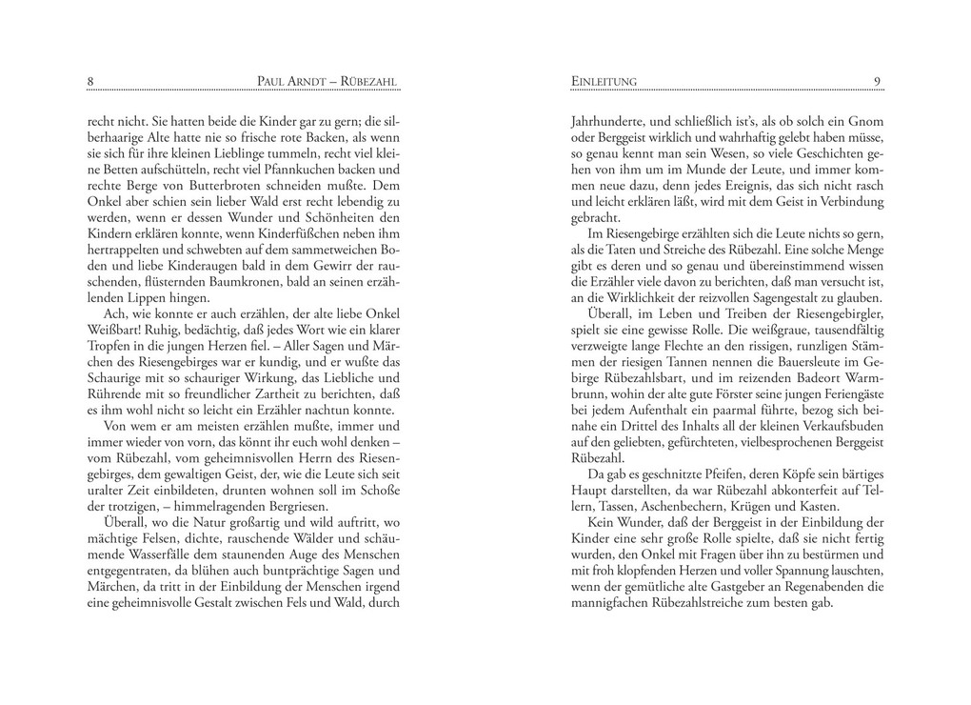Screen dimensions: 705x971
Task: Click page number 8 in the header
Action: [x=90, y=82]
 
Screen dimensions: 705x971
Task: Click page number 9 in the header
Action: [x=877, y=82]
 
